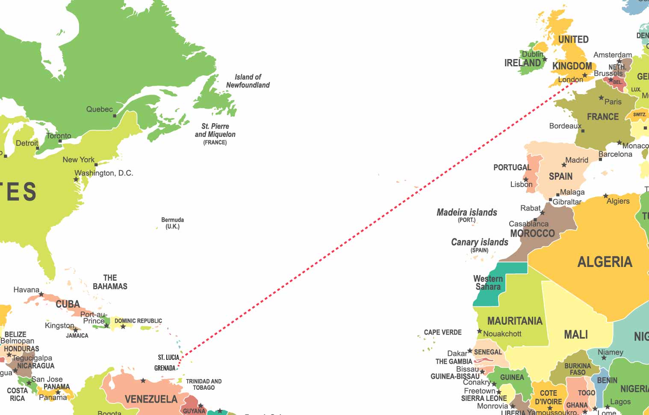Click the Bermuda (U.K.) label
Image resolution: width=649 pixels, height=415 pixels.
pos(172,223)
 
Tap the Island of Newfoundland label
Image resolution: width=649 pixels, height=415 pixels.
pos(248,81)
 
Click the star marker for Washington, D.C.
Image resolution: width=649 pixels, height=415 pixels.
pos(76,179)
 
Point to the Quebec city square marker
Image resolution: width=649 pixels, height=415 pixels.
pos(115,116)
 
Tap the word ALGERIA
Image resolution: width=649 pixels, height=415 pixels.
pos(605,261)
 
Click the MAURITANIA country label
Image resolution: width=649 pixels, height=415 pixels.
pos(515,321)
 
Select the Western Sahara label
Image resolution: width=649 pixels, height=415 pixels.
pos(488,283)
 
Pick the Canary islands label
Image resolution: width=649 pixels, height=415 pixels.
pos(480,243)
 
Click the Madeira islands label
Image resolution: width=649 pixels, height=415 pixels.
pos(467,213)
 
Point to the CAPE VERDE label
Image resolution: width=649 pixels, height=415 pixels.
pos(443,332)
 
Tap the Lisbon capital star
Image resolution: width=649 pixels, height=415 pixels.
pos(526,180)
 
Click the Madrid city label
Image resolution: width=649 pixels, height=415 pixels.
pos(577,160)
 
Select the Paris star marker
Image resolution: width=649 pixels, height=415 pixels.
pos(601,98)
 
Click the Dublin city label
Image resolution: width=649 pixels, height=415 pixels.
pos(532,54)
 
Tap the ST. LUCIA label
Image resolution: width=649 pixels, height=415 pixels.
pos(168,357)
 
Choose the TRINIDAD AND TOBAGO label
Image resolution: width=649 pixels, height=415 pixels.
pos(204,384)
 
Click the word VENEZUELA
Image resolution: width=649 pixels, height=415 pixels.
pos(151,399)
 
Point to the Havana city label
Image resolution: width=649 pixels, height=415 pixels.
pos(26,290)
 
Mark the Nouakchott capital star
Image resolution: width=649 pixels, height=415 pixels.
pos(480,331)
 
